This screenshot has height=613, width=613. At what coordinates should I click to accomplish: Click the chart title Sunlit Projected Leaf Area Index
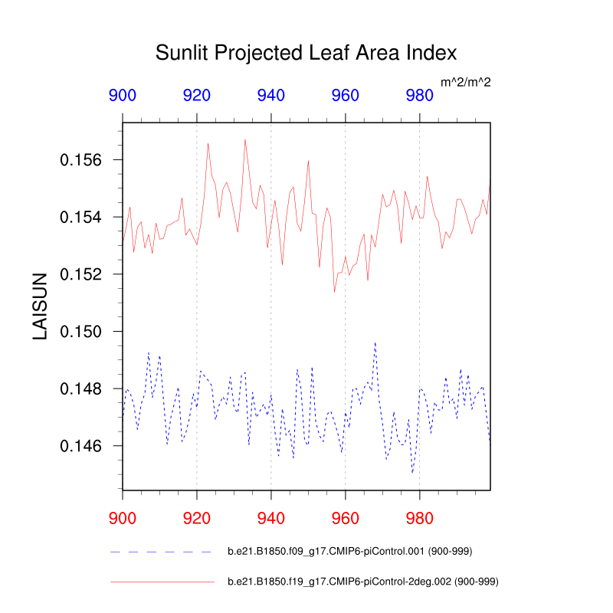[x=306, y=53]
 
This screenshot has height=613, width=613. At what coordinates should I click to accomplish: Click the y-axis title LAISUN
[x=40, y=306]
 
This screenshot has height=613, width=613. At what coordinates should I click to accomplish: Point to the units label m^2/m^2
[x=465, y=81]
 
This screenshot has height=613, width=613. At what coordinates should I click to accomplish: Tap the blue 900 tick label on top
[x=123, y=96]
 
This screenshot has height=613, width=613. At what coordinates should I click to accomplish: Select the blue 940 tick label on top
[x=271, y=96]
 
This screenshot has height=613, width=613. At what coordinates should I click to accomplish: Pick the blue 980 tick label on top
[x=419, y=96]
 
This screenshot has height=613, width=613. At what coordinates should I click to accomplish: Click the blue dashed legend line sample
[x=161, y=552]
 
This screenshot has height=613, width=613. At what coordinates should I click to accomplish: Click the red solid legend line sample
[x=161, y=582]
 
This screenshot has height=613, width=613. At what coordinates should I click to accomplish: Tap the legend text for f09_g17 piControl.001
[x=362, y=551]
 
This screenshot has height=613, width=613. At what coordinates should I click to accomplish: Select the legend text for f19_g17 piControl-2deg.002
[x=363, y=582]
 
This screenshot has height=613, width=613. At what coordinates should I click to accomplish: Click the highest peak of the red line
[x=245, y=139]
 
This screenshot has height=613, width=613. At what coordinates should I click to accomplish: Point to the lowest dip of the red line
[x=334, y=291]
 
